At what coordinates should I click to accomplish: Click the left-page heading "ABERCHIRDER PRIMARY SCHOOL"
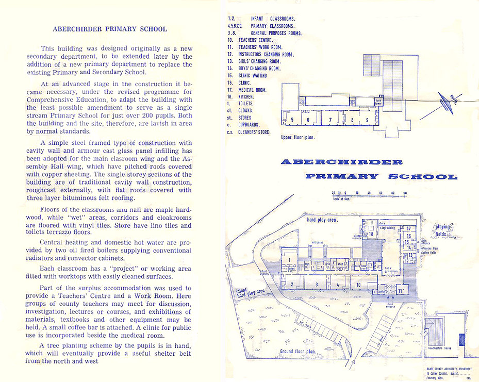[110, 29]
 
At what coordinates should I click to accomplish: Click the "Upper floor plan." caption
[298, 138]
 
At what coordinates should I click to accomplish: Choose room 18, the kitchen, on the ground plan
[371, 234]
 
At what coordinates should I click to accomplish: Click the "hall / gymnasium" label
[388, 269]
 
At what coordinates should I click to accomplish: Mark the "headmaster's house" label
[440, 348]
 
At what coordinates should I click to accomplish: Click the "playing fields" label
[442, 230]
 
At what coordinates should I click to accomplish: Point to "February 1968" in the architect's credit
[437, 377]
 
